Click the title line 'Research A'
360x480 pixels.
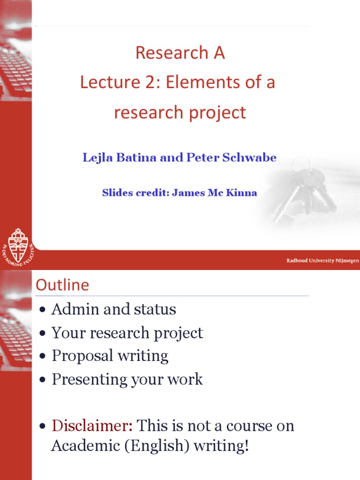point(180,52)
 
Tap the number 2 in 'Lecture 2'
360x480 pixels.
point(151,82)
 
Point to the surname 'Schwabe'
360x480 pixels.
point(249,157)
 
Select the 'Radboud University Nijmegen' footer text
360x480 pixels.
point(322,261)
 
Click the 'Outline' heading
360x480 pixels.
point(62,285)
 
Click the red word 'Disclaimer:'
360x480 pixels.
point(92,426)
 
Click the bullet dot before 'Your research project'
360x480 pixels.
point(43,333)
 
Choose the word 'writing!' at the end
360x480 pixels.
point(221,446)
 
